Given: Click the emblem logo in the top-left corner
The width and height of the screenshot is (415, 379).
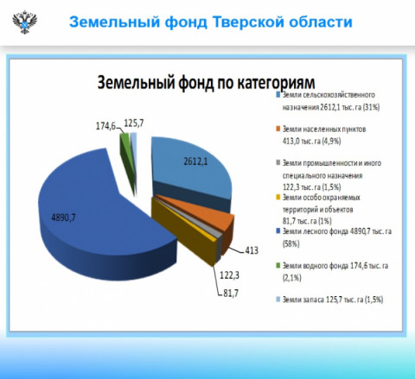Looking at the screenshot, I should coord(25,22).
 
